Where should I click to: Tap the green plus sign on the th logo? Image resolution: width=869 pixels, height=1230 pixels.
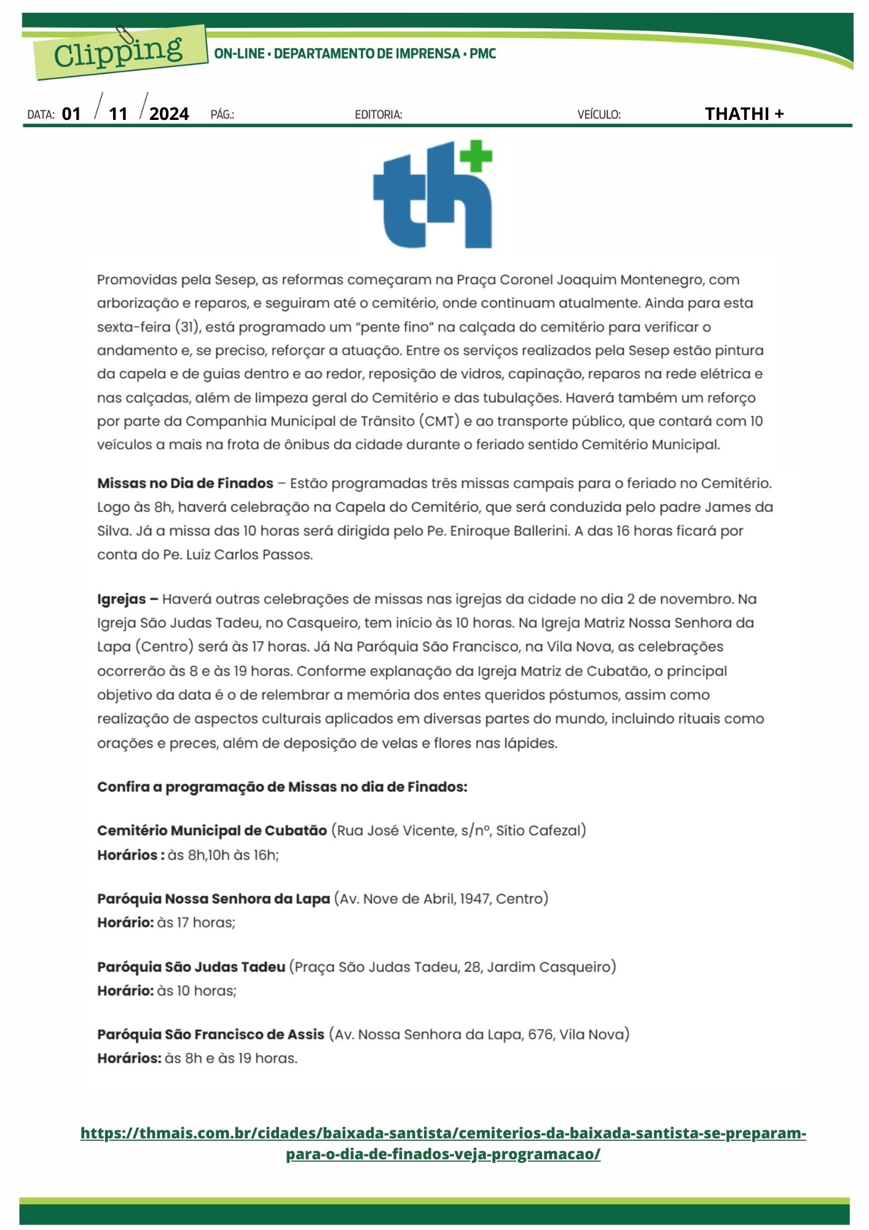[476, 156]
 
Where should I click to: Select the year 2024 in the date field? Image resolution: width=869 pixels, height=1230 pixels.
[169, 114]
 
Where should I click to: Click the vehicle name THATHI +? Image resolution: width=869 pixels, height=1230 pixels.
[744, 114]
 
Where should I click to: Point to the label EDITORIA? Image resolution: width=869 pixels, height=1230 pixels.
[379, 114]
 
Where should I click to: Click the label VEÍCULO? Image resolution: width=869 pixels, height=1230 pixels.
[599, 114]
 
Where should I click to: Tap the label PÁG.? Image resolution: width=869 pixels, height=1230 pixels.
[222, 114]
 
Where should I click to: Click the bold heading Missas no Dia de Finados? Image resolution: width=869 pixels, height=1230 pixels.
[185, 483]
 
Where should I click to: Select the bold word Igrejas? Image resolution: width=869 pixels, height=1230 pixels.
[122, 599]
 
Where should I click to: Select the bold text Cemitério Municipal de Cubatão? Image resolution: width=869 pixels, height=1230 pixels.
[212, 831]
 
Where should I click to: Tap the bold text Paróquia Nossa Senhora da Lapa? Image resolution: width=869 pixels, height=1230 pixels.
[213, 899]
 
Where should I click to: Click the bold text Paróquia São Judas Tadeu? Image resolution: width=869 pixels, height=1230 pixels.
[191, 967]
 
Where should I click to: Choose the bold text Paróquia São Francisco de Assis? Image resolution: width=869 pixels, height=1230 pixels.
[210, 1034]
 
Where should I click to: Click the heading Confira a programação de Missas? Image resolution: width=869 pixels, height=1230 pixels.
[282, 787]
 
